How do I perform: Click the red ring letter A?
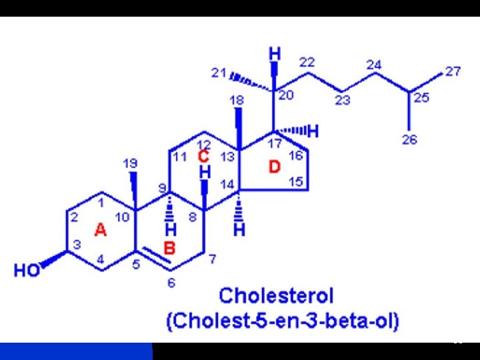100,230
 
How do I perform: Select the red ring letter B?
169,249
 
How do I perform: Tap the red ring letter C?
204,157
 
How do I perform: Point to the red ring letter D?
275,167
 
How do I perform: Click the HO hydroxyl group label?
26,271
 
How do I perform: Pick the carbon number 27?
453,71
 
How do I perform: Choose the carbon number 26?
410,139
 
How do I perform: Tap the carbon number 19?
130,163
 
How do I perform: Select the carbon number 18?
236,100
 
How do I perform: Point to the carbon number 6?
171,283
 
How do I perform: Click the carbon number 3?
76,245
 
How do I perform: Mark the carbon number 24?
373,65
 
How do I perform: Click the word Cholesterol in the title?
276,296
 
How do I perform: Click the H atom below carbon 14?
239,231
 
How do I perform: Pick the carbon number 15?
295,181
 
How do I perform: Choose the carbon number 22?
307,62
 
